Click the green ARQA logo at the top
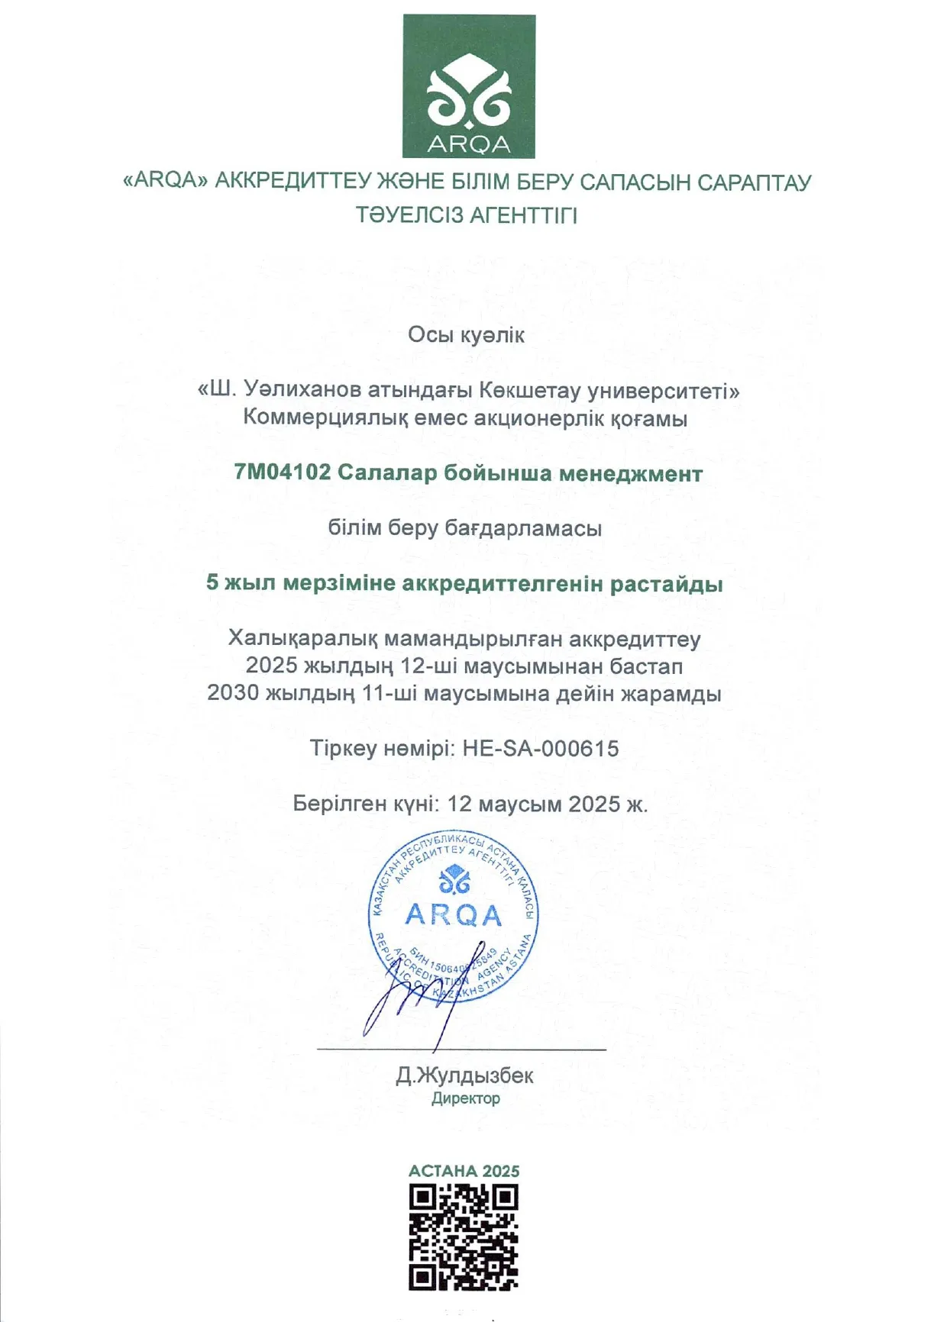click(x=468, y=86)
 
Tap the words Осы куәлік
click(x=466, y=335)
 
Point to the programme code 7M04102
click(x=283, y=473)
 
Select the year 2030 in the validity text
click(x=233, y=694)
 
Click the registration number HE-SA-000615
click(x=541, y=749)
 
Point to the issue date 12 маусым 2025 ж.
click(x=547, y=804)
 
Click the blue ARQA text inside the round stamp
click(x=453, y=914)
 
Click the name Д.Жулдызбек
click(x=464, y=1076)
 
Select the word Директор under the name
click(x=465, y=1099)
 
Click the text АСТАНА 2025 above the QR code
click(x=464, y=1171)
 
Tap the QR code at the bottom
click(x=464, y=1237)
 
